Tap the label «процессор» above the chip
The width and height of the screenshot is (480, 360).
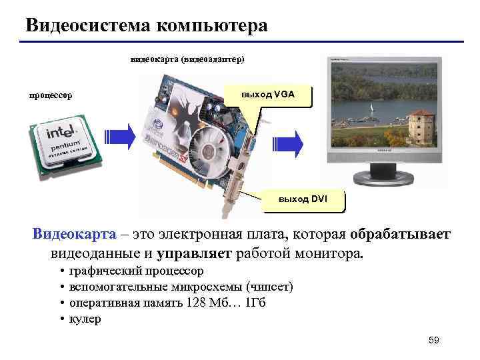51,95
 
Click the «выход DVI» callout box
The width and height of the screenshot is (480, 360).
303,199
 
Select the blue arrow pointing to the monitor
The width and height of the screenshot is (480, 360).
289,142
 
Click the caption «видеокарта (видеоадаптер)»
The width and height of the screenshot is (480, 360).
187,59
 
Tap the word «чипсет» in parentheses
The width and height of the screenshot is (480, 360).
269,287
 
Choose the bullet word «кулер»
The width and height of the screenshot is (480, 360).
85,319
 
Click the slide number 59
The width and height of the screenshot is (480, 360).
434,341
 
